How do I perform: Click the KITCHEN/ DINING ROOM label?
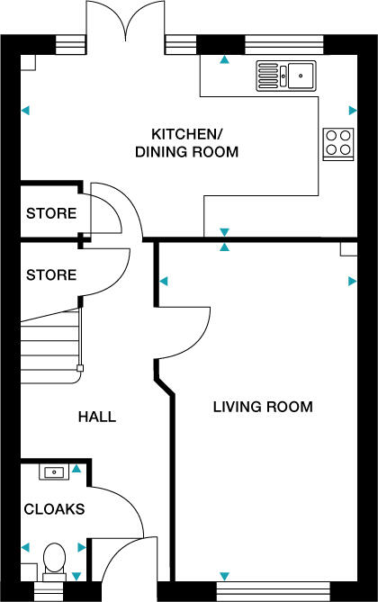pos(186,143)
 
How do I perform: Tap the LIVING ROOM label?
pos(262,407)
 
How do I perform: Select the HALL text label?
pos(97,417)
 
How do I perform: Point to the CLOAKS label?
pos(54,509)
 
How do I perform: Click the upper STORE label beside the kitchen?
pos(51,214)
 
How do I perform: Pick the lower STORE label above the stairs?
pos(51,274)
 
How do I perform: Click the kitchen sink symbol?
pos(285,76)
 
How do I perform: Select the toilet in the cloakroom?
pos(55,559)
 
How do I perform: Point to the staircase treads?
pos(49,346)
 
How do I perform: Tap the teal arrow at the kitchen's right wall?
pos(352,111)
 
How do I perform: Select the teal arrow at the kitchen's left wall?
pos(26,111)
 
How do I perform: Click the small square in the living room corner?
pos(348,249)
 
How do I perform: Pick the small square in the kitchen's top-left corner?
pos(29,61)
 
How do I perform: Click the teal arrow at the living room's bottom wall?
pos(224,576)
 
